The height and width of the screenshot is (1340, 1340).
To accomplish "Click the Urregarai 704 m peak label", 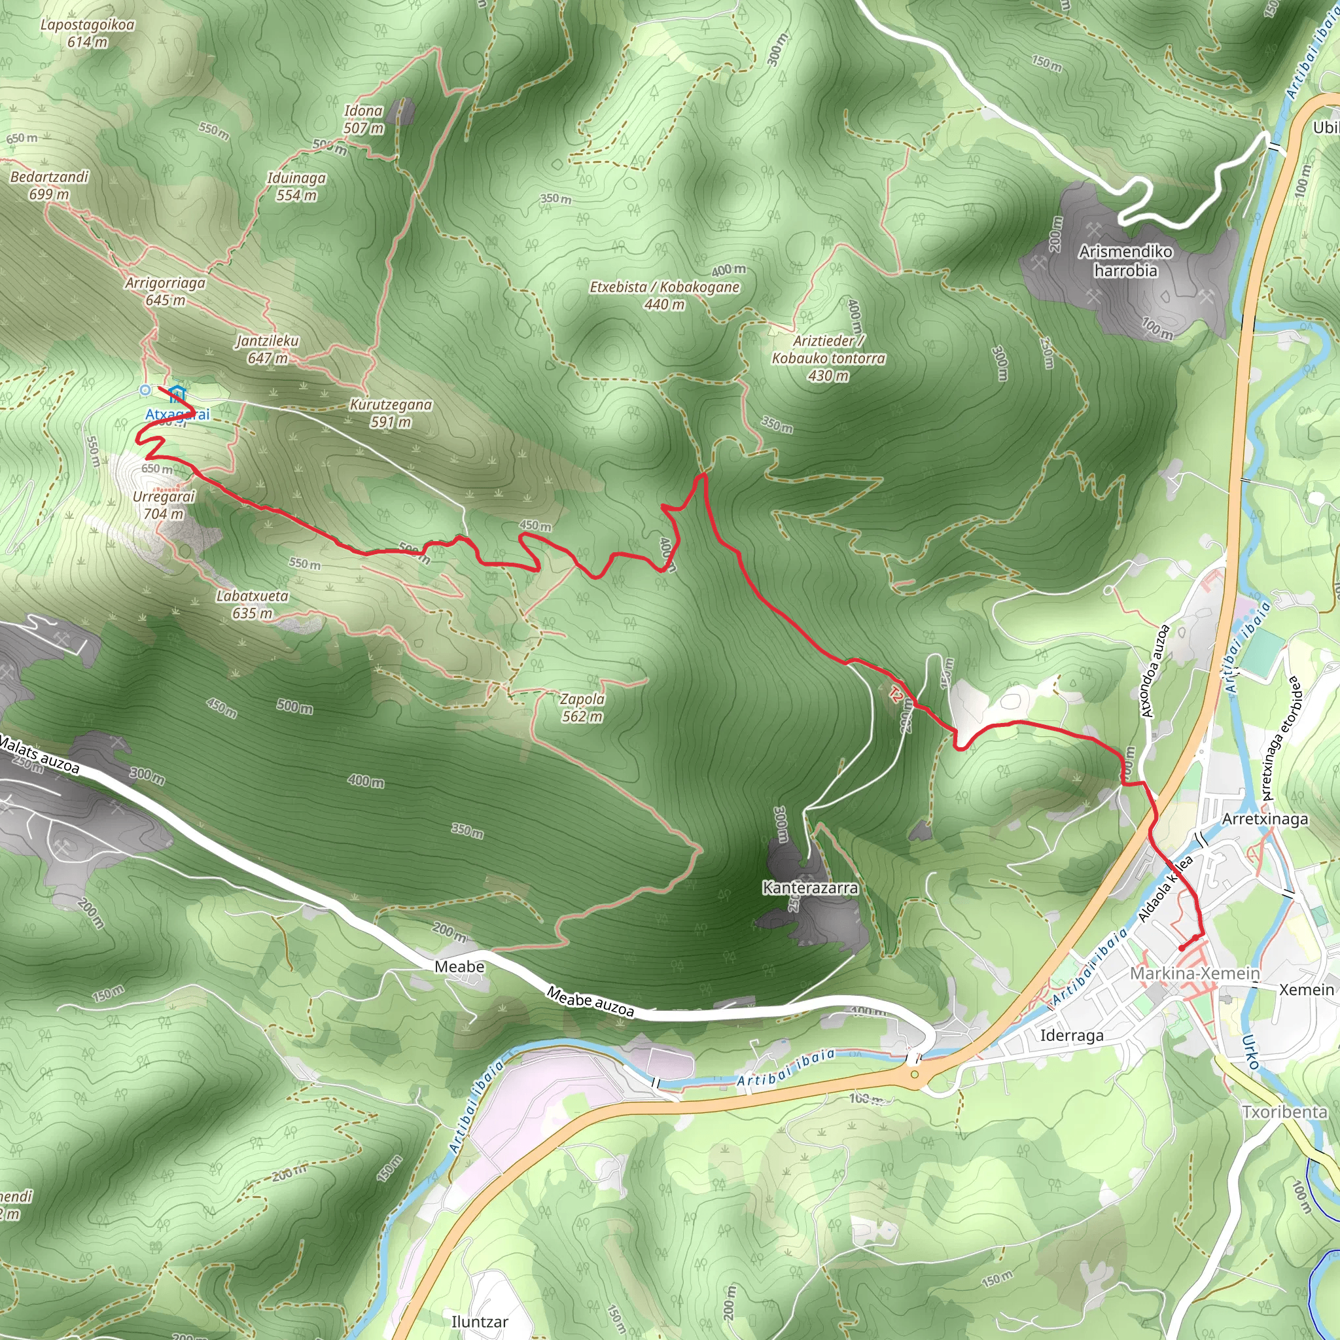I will click(164, 505).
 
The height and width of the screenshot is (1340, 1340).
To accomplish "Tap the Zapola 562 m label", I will click(582, 707).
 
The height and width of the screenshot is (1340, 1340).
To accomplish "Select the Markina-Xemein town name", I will click(1194, 973).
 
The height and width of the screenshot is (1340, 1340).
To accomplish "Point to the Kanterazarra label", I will click(809, 888).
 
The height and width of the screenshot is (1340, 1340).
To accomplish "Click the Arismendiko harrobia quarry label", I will click(1125, 261).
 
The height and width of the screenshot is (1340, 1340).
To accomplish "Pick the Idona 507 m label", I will click(363, 119).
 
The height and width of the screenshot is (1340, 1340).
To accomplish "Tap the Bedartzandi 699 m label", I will click(49, 185).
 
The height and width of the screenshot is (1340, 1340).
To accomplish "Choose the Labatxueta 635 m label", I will click(252, 604).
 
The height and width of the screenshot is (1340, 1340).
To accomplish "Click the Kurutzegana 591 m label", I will click(391, 413).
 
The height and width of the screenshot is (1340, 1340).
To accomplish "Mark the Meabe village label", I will click(459, 967).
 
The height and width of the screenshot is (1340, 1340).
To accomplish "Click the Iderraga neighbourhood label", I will click(1072, 1036).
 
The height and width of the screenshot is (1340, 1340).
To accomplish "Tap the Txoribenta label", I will click(1284, 1112).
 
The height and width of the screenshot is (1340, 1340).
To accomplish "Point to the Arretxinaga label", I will click(1265, 819).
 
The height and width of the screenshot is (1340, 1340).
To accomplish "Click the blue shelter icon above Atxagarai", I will click(176, 394).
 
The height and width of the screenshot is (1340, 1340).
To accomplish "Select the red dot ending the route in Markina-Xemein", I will click(1181, 948).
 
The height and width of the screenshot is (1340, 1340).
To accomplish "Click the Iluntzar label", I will click(479, 1321).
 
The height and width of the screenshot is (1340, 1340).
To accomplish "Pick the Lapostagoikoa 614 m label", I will click(88, 33).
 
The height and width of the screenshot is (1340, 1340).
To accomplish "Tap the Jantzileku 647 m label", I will click(267, 349).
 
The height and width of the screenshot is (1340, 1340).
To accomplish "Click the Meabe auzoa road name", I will click(590, 1002).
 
